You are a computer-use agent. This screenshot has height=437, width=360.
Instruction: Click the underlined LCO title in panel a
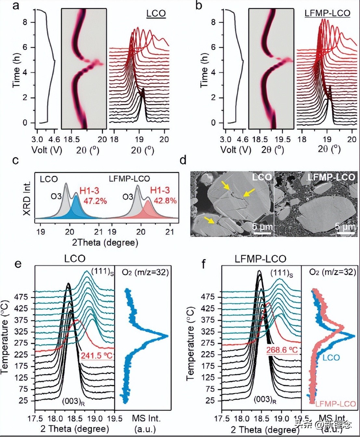[x=156, y=14]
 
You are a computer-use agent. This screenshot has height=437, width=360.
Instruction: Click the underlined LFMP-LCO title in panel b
[x=327, y=13]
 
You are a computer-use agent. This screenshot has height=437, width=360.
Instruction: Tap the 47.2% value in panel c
[x=95, y=201]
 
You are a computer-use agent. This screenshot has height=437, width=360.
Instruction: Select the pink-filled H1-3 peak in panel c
[x=148, y=210]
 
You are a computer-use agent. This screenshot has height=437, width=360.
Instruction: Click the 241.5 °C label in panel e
[x=96, y=356]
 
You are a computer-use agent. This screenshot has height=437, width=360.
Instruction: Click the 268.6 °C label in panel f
[x=282, y=350]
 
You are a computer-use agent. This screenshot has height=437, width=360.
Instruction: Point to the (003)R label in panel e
[x=73, y=401]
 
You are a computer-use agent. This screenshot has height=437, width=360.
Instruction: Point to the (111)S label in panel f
[x=282, y=273]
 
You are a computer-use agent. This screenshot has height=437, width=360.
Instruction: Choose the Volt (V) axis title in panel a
[x=46, y=150]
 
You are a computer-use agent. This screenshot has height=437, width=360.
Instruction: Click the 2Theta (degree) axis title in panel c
[x=105, y=242]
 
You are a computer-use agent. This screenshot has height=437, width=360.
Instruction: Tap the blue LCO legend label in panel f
[x=331, y=358]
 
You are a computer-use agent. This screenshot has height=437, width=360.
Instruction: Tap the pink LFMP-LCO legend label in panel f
[x=335, y=404]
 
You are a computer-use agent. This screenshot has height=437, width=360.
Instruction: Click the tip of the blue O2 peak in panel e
[x=167, y=336]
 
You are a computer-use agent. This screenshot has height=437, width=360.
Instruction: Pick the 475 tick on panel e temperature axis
[x=23, y=297]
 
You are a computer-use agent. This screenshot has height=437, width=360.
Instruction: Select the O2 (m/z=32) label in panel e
[x=145, y=272]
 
